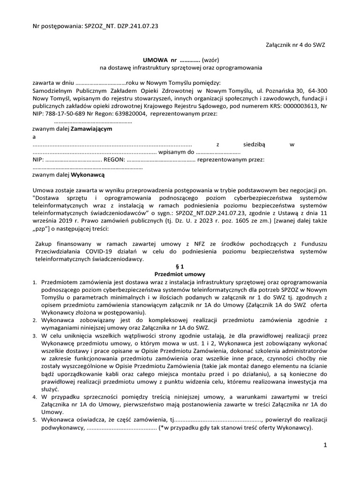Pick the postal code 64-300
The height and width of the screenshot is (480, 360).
(317, 91)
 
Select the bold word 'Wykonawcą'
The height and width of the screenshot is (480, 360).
(88, 174)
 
